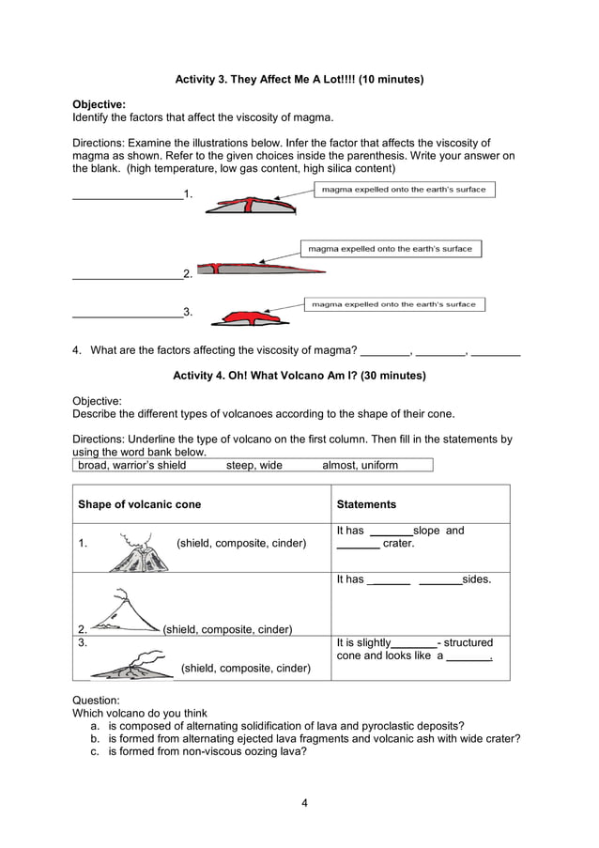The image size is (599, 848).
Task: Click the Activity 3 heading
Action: (299, 80)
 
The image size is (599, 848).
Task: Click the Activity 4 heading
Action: (299, 376)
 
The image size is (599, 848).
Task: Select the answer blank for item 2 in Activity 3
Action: (128, 273)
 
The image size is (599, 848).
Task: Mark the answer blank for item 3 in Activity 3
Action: (128, 312)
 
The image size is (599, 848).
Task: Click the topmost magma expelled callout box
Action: (404, 190)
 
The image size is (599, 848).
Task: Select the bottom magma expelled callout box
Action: (393, 304)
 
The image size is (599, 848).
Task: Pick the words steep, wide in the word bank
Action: (253, 465)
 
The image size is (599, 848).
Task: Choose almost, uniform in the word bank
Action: (360, 465)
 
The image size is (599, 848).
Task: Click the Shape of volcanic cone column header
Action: (139, 504)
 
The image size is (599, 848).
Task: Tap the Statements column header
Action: (366, 504)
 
